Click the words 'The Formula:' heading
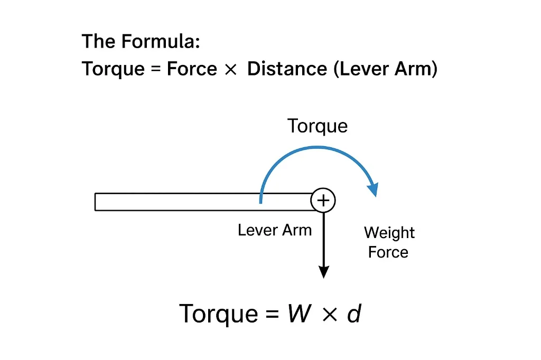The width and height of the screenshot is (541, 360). [141, 41]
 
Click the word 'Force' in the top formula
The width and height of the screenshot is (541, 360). [192, 69]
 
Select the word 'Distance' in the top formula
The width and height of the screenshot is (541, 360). [287, 69]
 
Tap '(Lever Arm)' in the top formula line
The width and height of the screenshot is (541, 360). [385, 69]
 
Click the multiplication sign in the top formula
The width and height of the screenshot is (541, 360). [230, 70]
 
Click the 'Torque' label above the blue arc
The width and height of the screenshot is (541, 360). [318, 126]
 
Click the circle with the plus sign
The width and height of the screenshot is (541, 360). [323, 201]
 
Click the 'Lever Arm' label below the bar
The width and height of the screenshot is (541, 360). [275, 230]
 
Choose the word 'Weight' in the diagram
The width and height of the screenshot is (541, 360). [389, 233]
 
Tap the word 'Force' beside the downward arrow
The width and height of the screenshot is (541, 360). [388, 252]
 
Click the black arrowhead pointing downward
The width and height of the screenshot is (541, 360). [323, 271]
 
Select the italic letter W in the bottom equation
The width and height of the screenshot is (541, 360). [300, 314]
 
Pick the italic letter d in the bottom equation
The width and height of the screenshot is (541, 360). [353, 314]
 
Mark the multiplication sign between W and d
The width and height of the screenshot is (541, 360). [329, 315]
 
